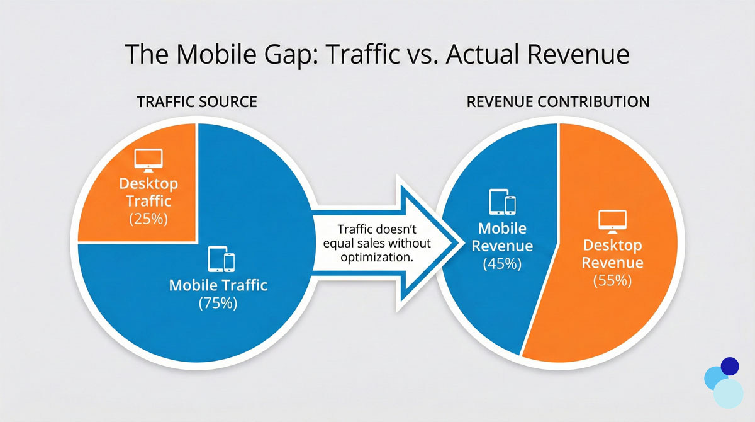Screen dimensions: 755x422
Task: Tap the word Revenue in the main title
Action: [x=578, y=54]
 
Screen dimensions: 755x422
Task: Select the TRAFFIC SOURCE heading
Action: [x=197, y=101]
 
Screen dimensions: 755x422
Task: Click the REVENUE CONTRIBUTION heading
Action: [x=558, y=101]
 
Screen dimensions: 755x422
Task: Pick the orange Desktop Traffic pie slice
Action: [x=142, y=182]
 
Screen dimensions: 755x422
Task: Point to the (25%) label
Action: [x=148, y=219]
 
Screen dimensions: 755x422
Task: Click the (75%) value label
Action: [x=218, y=303]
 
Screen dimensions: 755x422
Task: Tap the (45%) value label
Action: [x=502, y=263]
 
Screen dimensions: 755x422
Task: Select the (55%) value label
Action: [x=612, y=280]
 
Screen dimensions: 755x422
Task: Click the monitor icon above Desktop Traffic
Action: [x=148, y=160]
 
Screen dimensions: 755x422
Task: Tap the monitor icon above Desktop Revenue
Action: [x=612, y=222]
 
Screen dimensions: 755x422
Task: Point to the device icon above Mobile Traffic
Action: [x=221, y=259]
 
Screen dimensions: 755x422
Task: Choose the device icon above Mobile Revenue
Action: [x=502, y=202]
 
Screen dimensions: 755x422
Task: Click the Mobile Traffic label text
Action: [x=218, y=285]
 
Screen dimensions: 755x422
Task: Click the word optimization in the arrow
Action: [x=377, y=258]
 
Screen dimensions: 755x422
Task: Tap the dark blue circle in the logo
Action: [x=730, y=367]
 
